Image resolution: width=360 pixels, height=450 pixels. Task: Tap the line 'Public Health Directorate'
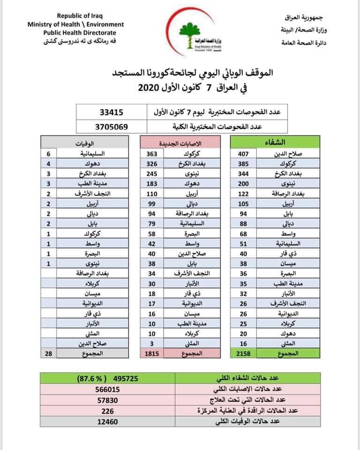point(80,32)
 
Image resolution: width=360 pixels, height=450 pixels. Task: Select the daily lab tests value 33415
point(113,112)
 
